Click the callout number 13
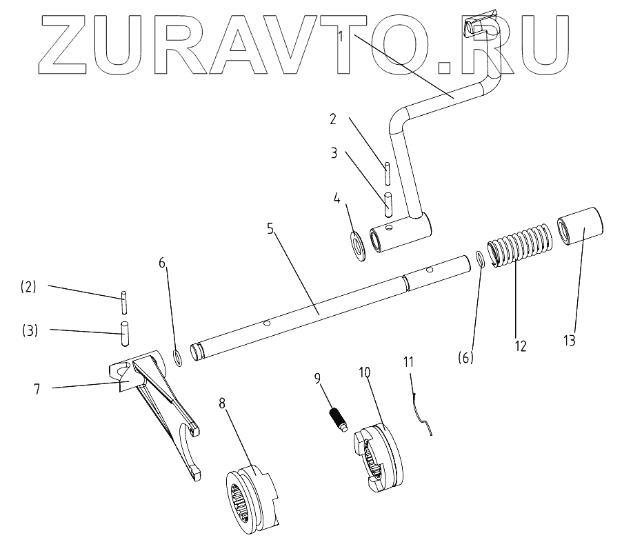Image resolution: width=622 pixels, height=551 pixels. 570,340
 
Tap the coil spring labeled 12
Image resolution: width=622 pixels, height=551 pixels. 519,246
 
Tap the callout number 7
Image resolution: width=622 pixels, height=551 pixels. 37,389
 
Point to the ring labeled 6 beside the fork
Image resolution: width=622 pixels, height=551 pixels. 177,357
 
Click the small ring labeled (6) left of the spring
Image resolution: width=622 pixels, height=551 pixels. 480,259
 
